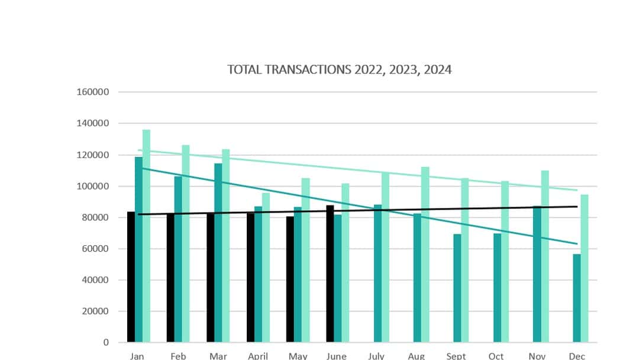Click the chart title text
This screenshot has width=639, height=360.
339,70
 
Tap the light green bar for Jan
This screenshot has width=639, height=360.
146,237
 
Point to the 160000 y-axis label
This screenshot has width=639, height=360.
93,92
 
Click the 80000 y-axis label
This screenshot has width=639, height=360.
95,217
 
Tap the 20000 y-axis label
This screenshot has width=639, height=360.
95,311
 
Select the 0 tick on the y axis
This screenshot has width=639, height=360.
106,342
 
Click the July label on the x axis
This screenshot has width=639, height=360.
376,356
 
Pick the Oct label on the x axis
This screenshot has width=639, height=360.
496,356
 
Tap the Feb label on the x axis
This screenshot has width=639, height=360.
178,356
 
